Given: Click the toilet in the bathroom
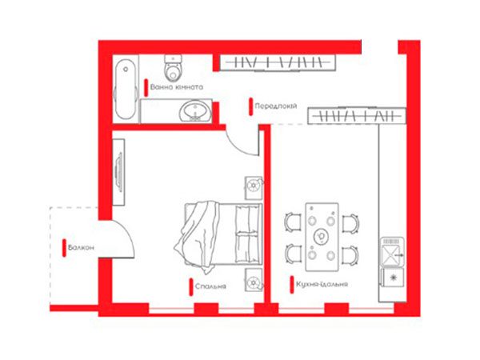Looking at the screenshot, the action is pyautogui.click(x=174, y=67).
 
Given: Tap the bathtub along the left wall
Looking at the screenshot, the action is pyautogui.click(x=126, y=89).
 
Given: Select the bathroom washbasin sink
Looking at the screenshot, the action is pyautogui.click(x=194, y=110).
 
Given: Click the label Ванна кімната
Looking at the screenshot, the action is pyautogui.click(x=177, y=87).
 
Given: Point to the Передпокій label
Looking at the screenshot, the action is pyautogui.click(x=276, y=106).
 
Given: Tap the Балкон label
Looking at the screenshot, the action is pyautogui.click(x=81, y=247).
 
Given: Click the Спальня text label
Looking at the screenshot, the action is pyautogui.click(x=210, y=286).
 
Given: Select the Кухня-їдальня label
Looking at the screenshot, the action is pyautogui.click(x=322, y=284).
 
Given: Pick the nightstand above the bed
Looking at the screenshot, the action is pyautogui.click(x=254, y=188).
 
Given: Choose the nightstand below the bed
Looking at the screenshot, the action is pyautogui.click(x=254, y=280).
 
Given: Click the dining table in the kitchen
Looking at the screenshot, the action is pyautogui.click(x=322, y=237).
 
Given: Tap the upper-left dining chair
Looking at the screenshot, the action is pyautogui.click(x=293, y=222).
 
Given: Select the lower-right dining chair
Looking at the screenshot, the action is pyautogui.click(x=350, y=255).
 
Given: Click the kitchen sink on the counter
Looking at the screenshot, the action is pyautogui.click(x=392, y=252).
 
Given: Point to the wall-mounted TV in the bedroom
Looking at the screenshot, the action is pyautogui.click(x=118, y=172).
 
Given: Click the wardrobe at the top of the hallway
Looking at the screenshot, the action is pyautogui.click(x=278, y=62).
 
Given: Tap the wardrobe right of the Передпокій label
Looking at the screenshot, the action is pyautogui.click(x=357, y=116).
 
